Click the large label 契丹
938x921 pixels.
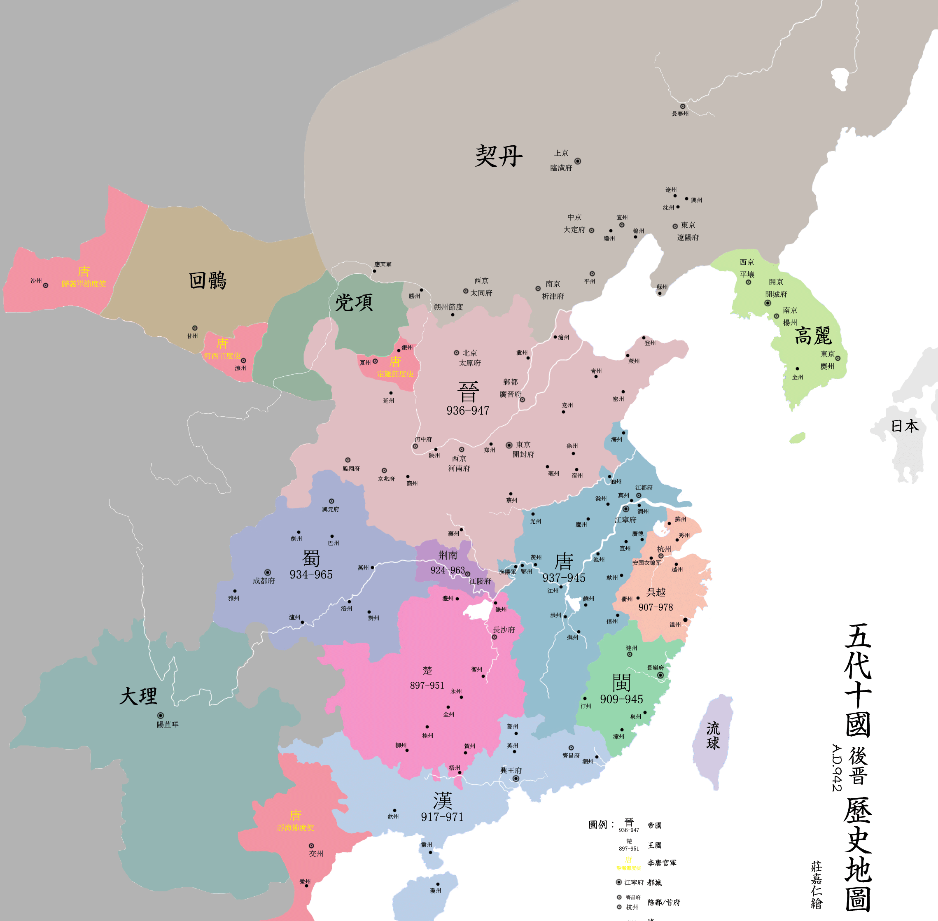pos(498,156)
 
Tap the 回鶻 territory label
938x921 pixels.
pos(208,280)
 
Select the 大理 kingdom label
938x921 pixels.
pos(138,696)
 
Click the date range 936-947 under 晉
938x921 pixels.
pos(468,410)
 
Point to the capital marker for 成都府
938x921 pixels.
pos(268,572)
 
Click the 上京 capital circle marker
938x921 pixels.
pos(578,161)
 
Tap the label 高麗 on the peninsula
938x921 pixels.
pos(813,336)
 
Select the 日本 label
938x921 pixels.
pos(905,426)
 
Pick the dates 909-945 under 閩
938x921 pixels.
pos(622,699)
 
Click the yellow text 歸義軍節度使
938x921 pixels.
pos(84,284)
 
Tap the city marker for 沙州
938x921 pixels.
pos(45,285)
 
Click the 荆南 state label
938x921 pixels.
pos(448,555)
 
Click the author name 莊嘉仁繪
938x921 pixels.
pos(817,885)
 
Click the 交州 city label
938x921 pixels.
pos(316,854)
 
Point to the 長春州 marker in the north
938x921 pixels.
pos(683,106)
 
